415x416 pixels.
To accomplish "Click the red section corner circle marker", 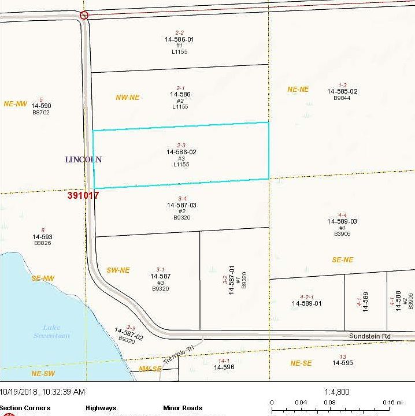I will click(x=84, y=15).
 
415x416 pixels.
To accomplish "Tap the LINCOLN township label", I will click(x=83, y=159).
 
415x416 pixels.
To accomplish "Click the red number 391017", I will click(x=83, y=195).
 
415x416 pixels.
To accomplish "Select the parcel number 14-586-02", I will click(x=181, y=152).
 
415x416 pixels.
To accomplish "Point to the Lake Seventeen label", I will click(x=52, y=332).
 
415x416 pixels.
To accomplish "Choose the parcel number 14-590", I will click(x=42, y=106).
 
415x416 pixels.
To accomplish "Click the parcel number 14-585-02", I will click(x=342, y=91).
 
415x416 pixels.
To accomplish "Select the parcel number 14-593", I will click(x=42, y=237).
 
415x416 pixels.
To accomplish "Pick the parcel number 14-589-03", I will click(x=342, y=221).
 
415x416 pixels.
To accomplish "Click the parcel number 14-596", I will click(x=224, y=367).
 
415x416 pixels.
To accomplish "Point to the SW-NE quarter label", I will click(x=118, y=270).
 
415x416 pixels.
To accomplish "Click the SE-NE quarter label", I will click(x=342, y=260).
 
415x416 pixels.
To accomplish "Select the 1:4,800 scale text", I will click(x=338, y=391).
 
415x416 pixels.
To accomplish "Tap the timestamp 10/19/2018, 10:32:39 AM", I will click(x=43, y=392).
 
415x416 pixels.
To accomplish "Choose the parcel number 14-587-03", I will click(x=181, y=205).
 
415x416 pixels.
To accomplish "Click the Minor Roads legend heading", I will click(x=183, y=408).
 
